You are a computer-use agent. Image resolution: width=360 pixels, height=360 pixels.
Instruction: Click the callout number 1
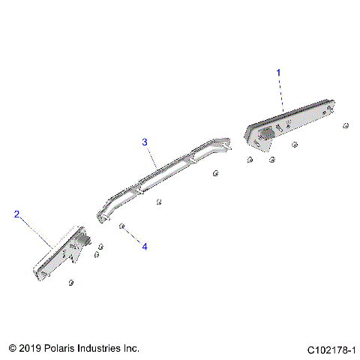[x=279, y=73]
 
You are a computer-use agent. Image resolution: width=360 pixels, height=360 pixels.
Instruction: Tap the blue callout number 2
[x=16, y=214]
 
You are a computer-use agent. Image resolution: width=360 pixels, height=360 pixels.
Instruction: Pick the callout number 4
[x=145, y=245]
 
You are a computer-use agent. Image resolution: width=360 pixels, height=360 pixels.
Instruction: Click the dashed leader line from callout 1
[x=281, y=94]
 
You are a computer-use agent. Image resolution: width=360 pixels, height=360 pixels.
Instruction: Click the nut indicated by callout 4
[x=121, y=225]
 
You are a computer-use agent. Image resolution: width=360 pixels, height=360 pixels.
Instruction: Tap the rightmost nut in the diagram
[x=345, y=125]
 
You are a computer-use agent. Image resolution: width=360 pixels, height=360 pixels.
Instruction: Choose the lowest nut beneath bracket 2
[x=70, y=282]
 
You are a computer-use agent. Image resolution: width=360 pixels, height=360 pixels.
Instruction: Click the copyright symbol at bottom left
[x=12, y=349]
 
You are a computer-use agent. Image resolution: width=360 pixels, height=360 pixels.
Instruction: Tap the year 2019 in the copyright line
[x=30, y=349]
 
